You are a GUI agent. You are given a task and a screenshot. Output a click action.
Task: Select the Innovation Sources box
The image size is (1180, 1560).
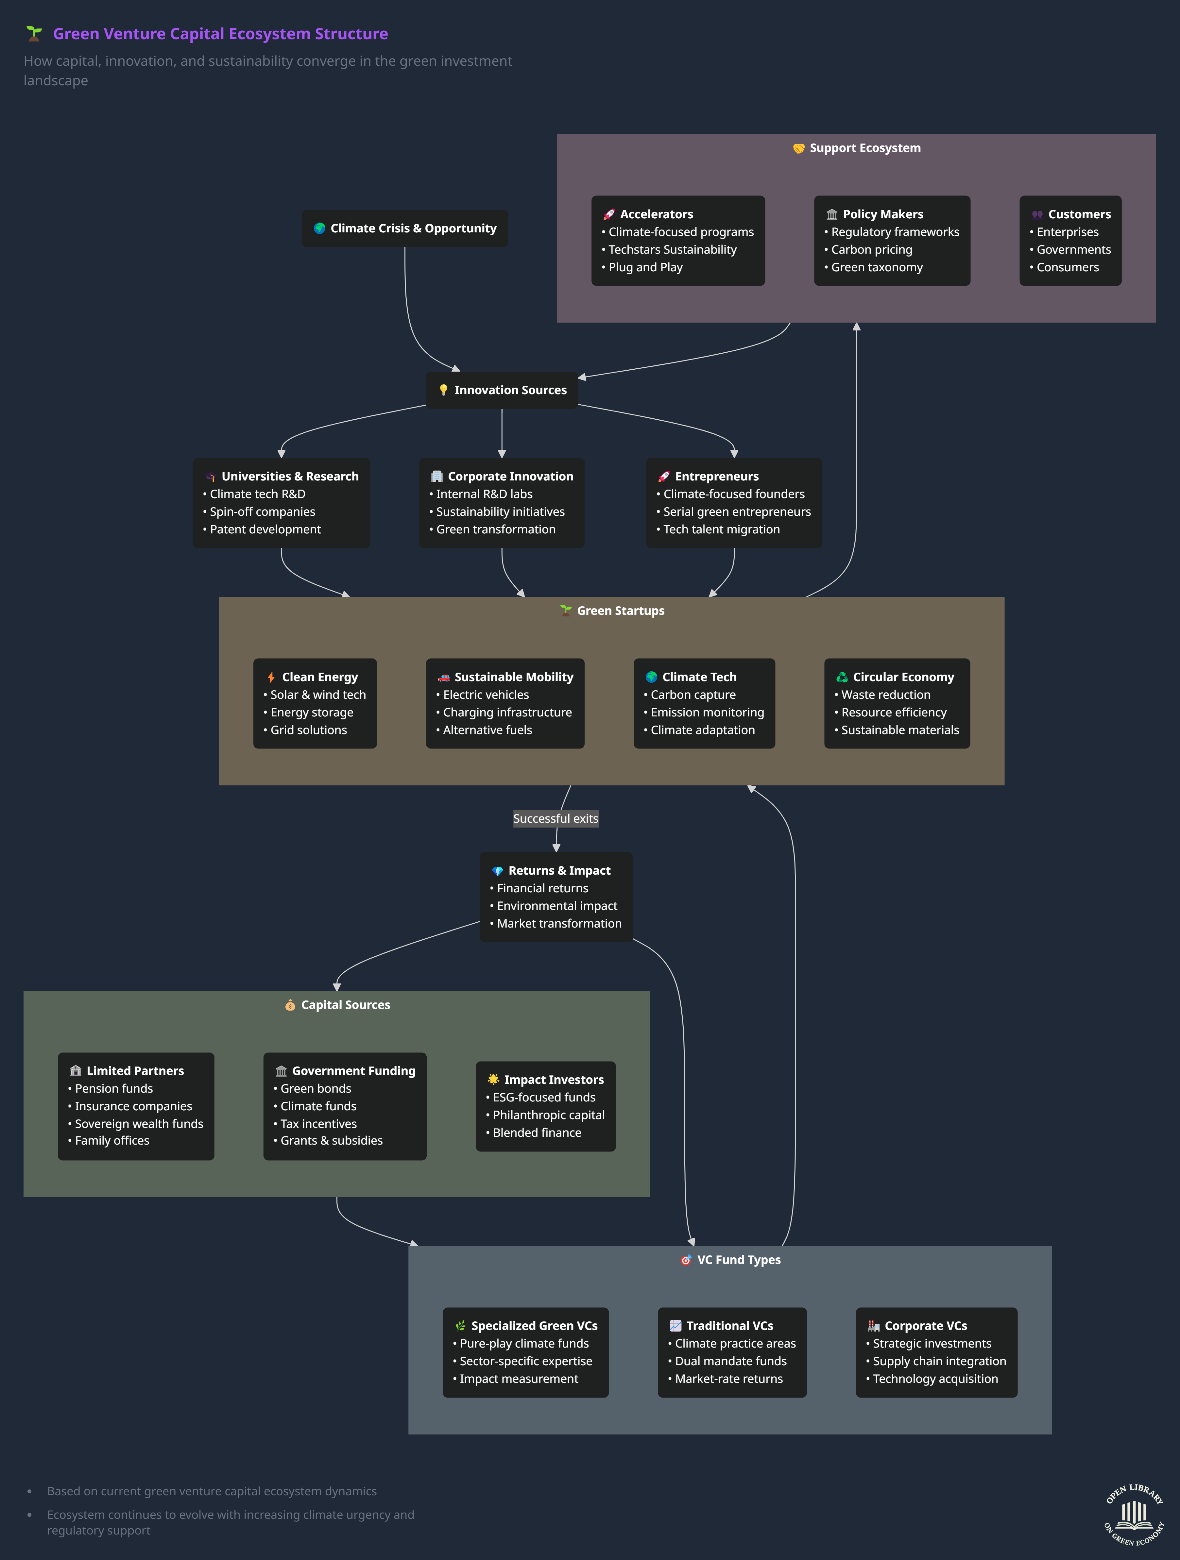[502, 390]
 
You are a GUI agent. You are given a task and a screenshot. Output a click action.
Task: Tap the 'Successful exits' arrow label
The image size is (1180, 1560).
[556, 818]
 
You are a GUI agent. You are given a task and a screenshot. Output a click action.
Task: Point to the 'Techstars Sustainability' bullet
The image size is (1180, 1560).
[672, 250]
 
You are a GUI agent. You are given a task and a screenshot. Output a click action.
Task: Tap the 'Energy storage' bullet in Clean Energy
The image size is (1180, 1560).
[312, 712]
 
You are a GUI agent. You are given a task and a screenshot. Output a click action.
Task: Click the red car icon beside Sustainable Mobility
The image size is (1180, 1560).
[444, 677]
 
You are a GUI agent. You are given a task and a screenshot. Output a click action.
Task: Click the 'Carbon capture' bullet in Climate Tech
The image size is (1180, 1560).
[693, 695]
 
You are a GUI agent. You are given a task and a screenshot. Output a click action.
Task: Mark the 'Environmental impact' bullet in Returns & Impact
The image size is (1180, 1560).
[556, 906]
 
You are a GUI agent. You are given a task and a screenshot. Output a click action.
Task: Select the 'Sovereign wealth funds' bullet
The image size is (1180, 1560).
[139, 1123]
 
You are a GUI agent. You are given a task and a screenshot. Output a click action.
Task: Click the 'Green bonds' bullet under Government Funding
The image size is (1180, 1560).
[315, 1088]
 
